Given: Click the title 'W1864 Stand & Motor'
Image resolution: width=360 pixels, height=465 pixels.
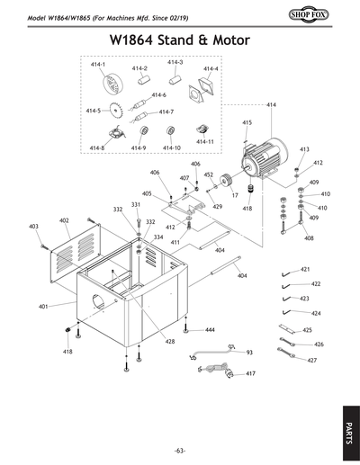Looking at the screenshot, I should (179, 41).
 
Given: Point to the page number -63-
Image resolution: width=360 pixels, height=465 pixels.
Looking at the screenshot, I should (180, 450).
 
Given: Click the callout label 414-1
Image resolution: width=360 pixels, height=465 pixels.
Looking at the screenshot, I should (98, 66).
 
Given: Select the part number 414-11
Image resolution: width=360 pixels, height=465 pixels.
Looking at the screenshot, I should (204, 141).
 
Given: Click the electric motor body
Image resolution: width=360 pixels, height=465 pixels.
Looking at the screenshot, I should (266, 160).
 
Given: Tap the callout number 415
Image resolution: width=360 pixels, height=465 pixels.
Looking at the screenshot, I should (247, 122).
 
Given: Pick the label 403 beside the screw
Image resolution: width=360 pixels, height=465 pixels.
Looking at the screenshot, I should (33, 226).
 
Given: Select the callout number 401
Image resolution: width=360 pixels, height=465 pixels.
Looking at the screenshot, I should (42, 307).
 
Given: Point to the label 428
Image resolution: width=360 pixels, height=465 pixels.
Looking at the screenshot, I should (169, 342).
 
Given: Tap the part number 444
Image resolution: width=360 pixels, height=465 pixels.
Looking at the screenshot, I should (210, 331).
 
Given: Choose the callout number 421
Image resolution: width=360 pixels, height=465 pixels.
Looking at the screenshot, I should (305, 269).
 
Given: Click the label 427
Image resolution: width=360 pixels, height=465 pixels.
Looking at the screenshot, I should (311, 360).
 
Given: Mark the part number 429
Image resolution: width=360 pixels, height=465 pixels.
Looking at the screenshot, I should (217, 206).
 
